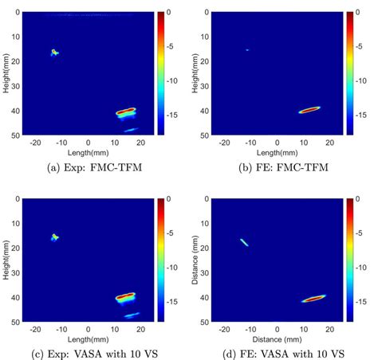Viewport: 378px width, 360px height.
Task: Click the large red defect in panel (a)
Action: pos(125,112)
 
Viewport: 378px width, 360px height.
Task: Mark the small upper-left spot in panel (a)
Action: pos(54,53)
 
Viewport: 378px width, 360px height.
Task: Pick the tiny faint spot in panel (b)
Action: pos(247,49)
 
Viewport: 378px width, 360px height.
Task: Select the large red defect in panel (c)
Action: pos(125,296)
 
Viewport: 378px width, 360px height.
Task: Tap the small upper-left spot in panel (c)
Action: pos(55,237)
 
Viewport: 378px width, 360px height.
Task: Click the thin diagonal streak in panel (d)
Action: pos(244,241)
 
